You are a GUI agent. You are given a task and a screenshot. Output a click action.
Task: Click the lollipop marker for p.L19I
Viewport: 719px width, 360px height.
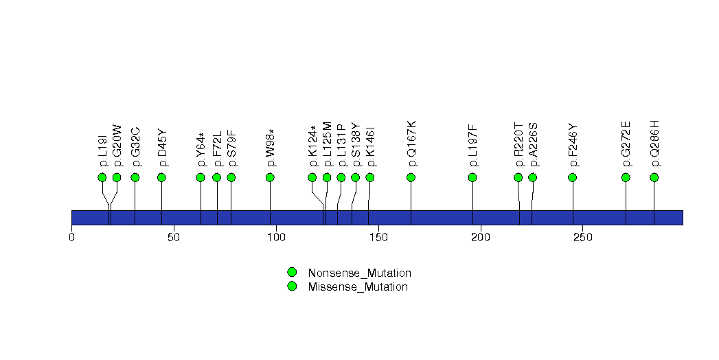coord(102,177)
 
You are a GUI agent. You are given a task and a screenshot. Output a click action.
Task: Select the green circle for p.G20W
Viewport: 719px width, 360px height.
coord(117,177)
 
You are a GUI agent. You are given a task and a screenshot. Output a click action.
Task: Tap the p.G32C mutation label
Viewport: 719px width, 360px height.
coord(136,146)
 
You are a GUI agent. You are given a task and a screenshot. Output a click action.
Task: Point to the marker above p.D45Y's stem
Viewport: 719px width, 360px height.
coord(161,177)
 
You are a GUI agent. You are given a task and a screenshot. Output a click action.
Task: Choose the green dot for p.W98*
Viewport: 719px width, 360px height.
coord(270,177)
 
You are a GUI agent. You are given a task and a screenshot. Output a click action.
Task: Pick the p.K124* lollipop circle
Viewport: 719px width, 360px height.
coord(312,177)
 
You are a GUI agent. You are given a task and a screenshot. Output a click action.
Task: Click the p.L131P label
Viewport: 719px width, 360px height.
coord(341,146)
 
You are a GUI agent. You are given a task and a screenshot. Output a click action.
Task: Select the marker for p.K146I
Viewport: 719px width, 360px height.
coord(370,177)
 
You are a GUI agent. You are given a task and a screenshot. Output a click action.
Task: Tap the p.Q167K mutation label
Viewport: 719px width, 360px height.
coord(412,144)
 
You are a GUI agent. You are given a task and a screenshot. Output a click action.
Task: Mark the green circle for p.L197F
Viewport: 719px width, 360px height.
coord(472,177)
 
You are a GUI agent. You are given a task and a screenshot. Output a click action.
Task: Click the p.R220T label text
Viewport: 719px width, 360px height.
coord(519,145)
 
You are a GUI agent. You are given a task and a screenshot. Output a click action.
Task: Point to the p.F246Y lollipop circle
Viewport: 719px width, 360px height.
coord(573,177)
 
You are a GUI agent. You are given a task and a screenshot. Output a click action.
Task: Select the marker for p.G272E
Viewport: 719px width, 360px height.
coord(626,177)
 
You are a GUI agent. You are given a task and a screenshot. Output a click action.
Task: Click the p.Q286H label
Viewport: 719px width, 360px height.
coord(655,144)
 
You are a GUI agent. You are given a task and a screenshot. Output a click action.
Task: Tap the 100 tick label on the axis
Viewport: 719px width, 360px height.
coord(276,237)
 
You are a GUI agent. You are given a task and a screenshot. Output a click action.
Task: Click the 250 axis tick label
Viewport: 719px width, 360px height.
coord(582,237)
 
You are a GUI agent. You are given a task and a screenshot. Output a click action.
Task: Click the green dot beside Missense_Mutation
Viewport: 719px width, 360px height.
coord(292,286)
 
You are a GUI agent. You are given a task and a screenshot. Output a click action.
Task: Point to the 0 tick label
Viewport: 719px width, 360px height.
coord(71,237)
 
